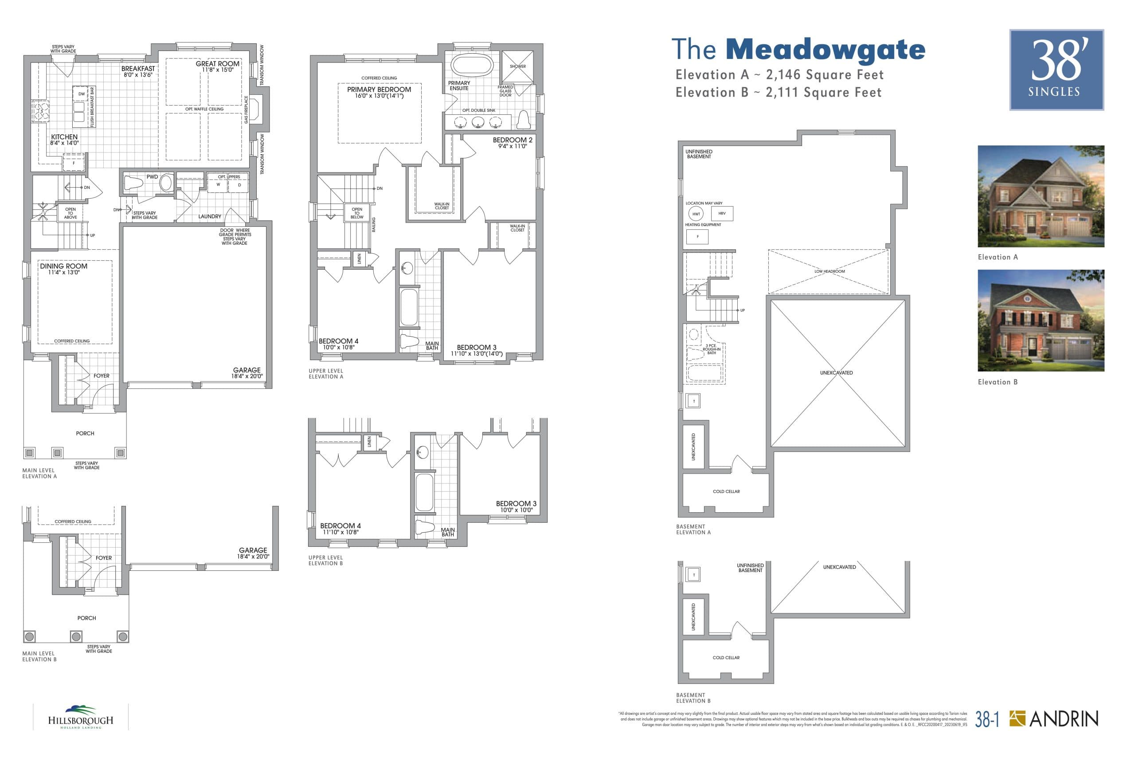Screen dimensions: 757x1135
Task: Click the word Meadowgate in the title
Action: point(825,50)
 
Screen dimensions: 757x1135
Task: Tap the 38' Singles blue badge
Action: point(1057,70)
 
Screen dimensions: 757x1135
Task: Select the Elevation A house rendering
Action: point(1041,196)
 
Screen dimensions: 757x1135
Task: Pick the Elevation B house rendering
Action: point(1041,320)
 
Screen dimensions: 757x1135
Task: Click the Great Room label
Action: point(217,64)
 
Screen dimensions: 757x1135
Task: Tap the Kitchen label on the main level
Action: point(64,137)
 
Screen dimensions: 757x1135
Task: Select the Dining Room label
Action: point(64,266)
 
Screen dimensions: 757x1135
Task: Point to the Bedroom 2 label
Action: point(513,140)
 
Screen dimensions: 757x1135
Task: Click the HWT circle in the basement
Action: point(696,214)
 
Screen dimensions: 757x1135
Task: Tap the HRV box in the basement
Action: point(722,213)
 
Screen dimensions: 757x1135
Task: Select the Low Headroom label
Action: point(829,271)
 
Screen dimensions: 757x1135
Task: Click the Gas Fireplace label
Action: point(246,110)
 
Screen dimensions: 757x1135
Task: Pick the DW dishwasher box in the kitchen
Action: point(82,94)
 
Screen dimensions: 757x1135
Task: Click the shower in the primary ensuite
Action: point(517,66)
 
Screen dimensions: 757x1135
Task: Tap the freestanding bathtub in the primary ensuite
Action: point(472,65)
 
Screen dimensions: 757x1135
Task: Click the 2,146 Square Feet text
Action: point(825,75)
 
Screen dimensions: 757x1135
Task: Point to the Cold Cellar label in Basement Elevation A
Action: point(726,491)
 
